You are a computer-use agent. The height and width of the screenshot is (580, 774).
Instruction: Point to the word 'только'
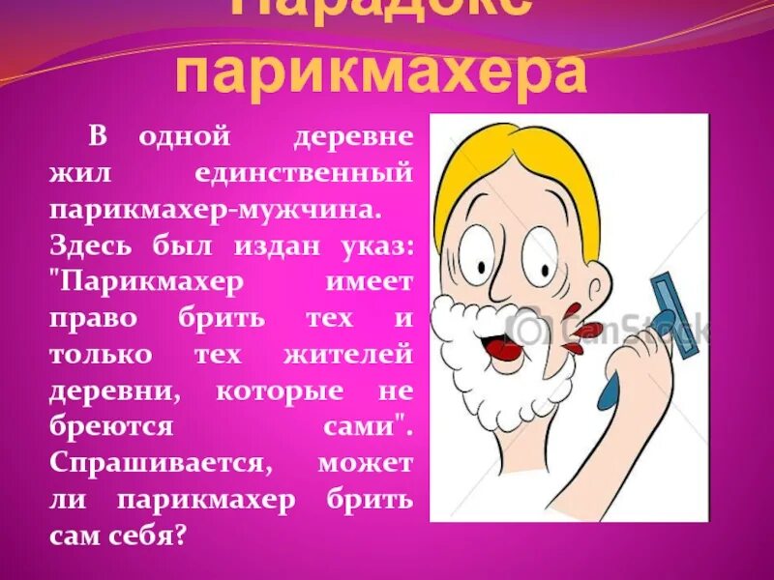click(101, 355)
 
